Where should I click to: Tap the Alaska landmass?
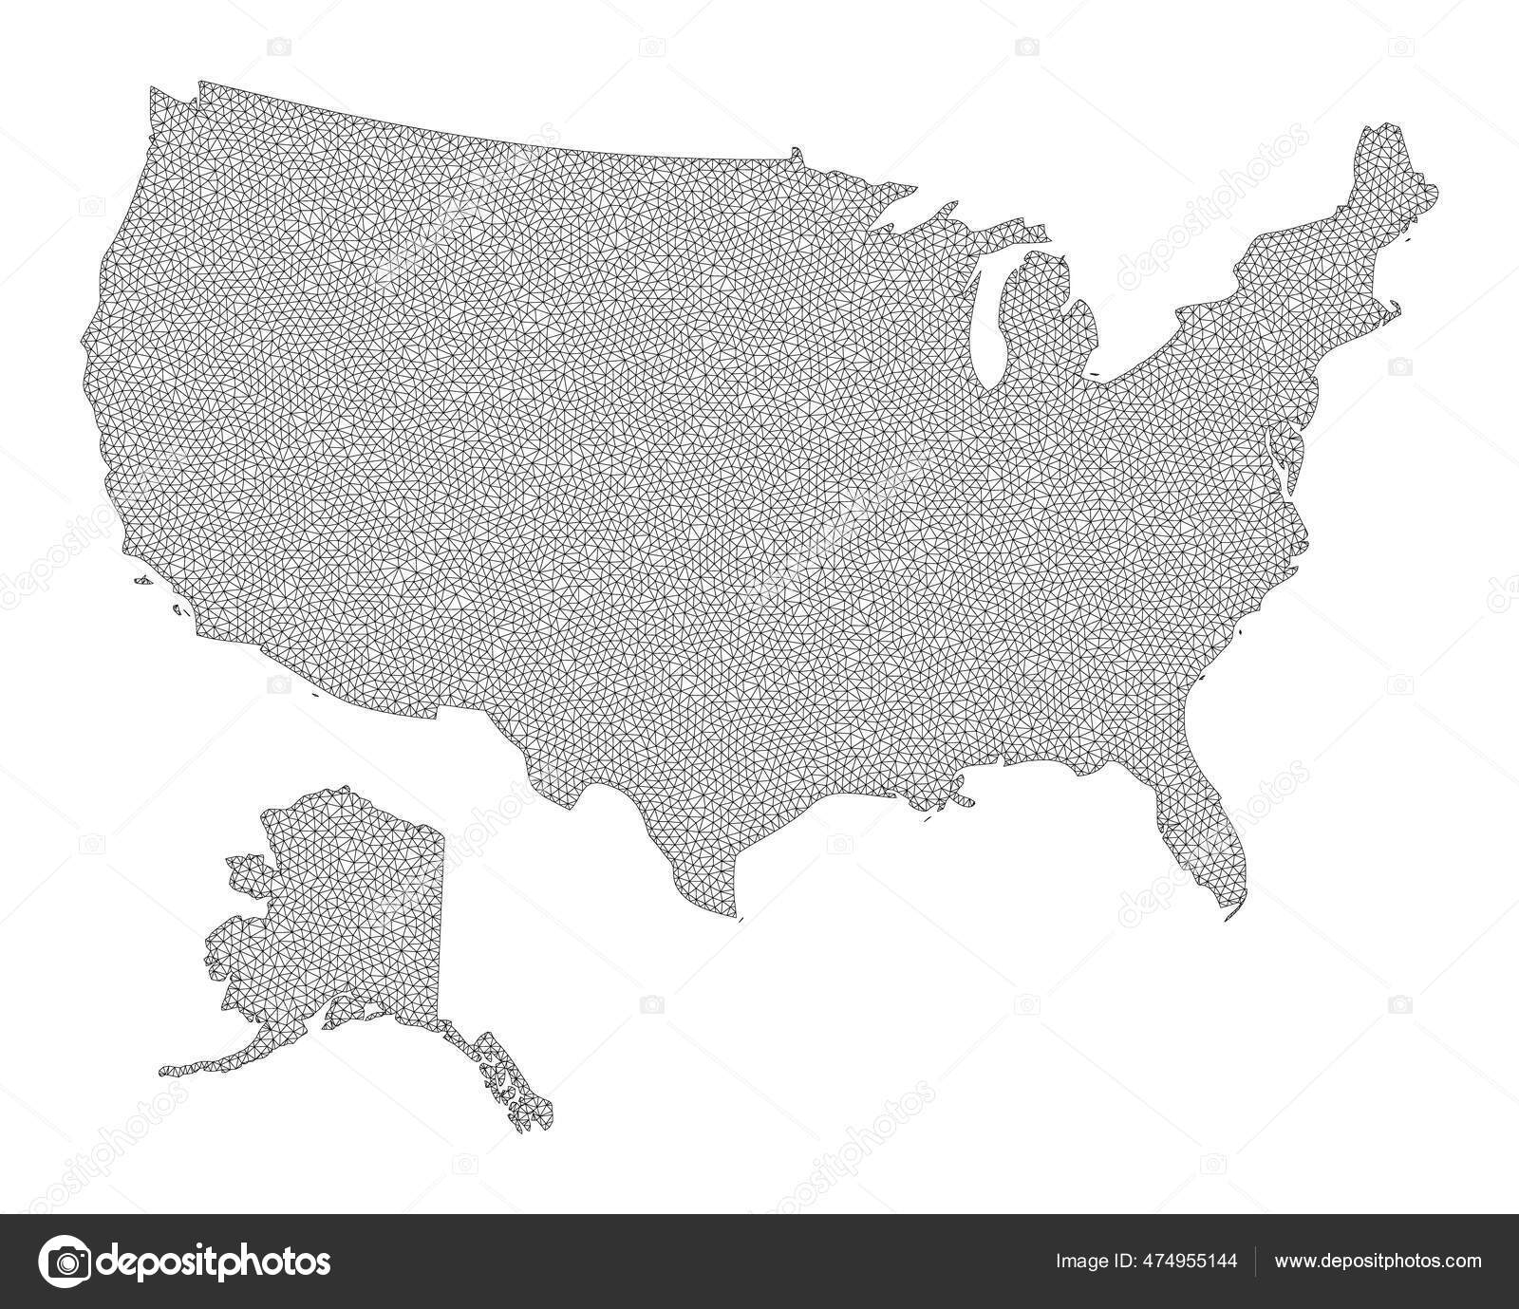(351, 911)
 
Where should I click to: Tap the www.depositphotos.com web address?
(1378, 1262)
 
